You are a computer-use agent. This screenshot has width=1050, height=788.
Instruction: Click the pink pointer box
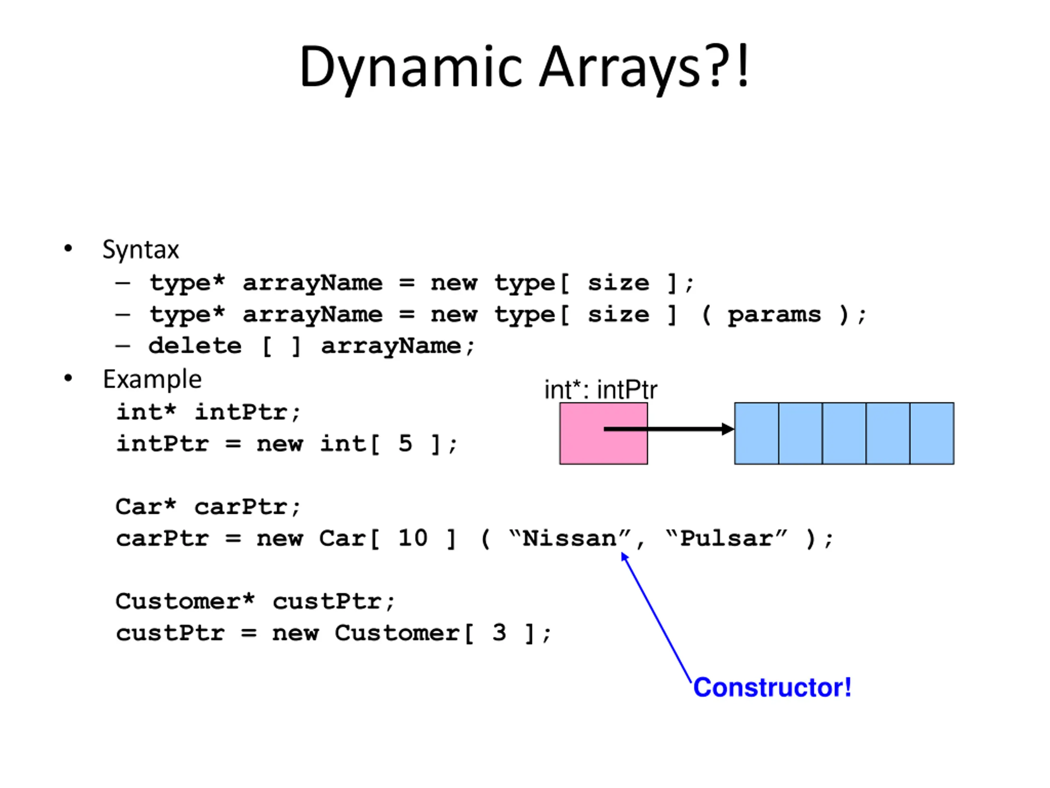[x=603, y=433]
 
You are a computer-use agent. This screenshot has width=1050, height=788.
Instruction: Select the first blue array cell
[x=757, y=433]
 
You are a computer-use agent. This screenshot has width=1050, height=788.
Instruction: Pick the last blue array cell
[x=932, y=433]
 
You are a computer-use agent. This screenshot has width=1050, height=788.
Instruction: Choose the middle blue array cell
[x=845, y=433]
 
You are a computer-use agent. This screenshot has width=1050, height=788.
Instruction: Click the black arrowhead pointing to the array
[x=728, y=429]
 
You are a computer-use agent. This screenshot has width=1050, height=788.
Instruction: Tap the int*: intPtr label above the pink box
[x=600, y=390]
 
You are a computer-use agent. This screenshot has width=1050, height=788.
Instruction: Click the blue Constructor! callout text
[x=772, y=687]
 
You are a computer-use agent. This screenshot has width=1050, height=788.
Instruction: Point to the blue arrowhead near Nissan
[x=625, y=556]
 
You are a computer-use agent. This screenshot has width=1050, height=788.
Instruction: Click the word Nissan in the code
[x=569, y=538]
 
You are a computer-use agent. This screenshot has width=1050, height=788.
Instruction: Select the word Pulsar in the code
[x=726, y=538]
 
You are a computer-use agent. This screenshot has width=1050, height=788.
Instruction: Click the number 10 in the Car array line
[x=413, y=538]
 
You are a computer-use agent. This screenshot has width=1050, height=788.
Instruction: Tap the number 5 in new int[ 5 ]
[x=405, y=444]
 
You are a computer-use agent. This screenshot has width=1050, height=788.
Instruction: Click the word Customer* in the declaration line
[x=185, y=601]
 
